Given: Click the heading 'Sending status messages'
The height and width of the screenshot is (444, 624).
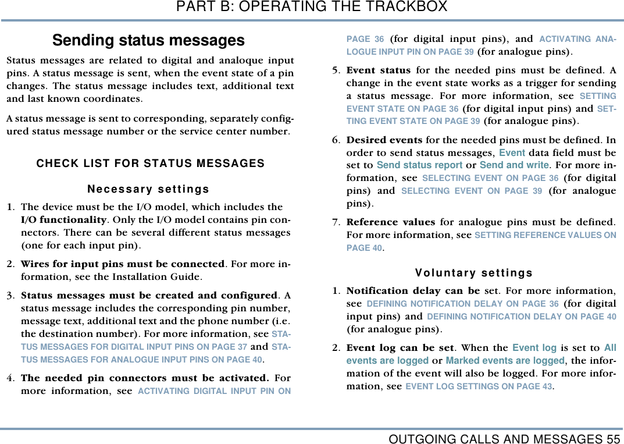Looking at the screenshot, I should (x=148, y=41).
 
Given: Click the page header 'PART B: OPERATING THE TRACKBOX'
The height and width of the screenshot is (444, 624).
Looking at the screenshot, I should (x=312, y=7).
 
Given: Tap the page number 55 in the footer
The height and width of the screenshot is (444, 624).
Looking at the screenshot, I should (x=613, y=438).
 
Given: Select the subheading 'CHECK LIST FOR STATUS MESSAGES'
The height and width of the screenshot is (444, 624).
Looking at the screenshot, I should (x=150, y=164).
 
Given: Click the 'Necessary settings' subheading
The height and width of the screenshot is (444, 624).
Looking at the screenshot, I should (x=148, y=189).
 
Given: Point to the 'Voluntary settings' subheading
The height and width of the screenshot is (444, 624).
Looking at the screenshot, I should (x=474, y=273).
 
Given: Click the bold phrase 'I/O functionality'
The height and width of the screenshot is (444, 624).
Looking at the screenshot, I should (x=63, y=220).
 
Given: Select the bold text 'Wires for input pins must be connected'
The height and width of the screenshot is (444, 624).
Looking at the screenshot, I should (x=123, y=264).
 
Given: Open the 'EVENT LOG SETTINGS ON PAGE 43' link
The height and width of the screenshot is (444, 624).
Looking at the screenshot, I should (x=479, y=386).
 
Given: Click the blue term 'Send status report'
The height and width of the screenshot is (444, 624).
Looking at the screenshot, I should (x=419, y=165).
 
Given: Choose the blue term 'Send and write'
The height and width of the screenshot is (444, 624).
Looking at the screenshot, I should (x=514, y=165).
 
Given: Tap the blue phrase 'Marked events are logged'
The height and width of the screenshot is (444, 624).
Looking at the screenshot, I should (x=505, y=361).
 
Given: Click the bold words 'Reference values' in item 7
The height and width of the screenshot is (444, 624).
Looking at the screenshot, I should (x=390, y=222).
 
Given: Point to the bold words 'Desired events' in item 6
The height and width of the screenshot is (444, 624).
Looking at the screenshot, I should (x=384, y=140).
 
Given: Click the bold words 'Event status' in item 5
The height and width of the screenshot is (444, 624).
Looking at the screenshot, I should (x=378, y=71).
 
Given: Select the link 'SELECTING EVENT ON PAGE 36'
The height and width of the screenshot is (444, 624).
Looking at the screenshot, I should (x=490, y=178).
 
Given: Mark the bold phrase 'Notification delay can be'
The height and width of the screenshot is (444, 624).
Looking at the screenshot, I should (x=413, y=290).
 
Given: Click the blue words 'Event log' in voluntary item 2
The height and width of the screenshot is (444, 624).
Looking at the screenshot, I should (x=534, y=348).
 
